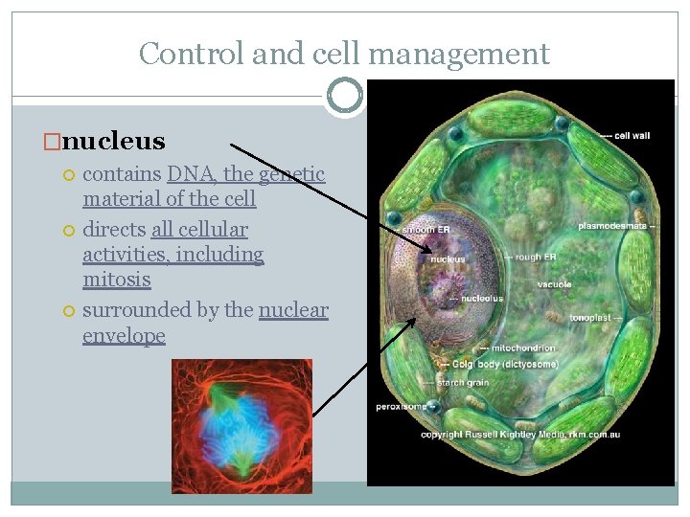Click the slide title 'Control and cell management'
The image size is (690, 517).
pos(344,54)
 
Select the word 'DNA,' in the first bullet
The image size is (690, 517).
pos(189,174)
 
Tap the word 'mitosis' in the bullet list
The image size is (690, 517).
pos(116,280)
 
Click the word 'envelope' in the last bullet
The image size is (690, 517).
pos(124,335)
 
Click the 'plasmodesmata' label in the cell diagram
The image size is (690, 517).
pos(613,226)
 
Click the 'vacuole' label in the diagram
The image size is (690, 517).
pos(554,284)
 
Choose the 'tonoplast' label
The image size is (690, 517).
pos(590,318)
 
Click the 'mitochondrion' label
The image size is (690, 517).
pos(522,348)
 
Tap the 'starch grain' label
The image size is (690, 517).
pos(464,383)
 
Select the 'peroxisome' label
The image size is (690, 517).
pos(400,406)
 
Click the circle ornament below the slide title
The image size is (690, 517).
pos(344,96)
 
